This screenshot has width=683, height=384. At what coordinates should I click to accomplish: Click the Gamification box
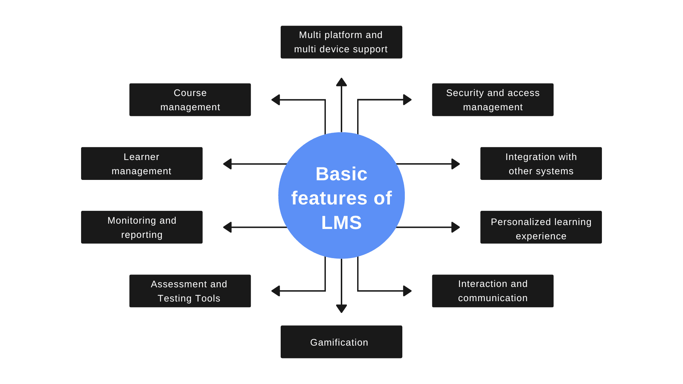(341, 342)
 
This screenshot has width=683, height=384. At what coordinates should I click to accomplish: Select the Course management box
(190, 100)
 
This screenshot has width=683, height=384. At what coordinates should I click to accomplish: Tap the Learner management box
(142, 164)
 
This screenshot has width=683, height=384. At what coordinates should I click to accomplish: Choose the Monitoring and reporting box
(142, 227)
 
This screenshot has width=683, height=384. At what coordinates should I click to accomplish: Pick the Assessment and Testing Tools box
(190, 291)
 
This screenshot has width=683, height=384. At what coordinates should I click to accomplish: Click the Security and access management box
(493, 100)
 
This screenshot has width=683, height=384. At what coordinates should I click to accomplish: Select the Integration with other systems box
(541, 164)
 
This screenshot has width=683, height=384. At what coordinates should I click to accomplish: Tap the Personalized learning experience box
(541, 227)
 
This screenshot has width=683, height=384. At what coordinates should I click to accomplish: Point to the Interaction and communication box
(493, 291)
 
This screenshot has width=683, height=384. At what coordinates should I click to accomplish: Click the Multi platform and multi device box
(341, 42)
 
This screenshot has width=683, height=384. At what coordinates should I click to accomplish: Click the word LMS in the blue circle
(341, 223)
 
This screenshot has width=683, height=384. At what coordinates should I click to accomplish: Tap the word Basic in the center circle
(341, 174)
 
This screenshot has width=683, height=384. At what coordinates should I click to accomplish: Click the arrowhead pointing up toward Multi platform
(341, 82)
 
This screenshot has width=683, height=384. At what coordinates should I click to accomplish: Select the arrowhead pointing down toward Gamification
(341, 309)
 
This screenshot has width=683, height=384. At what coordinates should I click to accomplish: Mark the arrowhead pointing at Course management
(276, 100)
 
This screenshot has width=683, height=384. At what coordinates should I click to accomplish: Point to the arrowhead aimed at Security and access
(407, 100)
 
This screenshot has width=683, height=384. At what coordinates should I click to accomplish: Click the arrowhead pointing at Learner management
(227, 164)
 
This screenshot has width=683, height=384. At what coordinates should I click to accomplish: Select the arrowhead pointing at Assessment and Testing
(276, 291)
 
